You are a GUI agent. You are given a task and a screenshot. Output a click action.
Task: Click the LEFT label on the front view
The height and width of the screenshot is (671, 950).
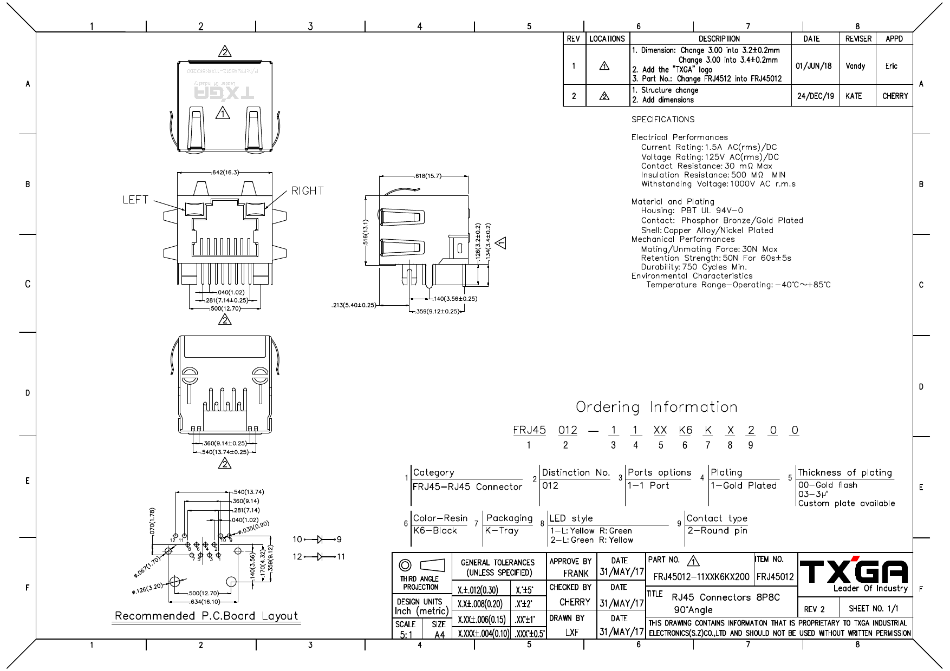point(135,200)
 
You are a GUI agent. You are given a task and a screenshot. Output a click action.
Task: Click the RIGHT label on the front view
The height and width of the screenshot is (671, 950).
point(307,191)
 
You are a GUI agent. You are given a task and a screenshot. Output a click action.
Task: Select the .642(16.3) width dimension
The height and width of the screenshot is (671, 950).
point(225,173)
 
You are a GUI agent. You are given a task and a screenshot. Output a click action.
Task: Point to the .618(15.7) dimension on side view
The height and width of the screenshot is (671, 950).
point(427,176)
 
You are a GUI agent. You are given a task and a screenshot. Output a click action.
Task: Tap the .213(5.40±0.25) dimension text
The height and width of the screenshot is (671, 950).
point(354,305)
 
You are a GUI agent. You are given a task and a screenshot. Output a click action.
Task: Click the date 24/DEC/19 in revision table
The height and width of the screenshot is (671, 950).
point(815,96)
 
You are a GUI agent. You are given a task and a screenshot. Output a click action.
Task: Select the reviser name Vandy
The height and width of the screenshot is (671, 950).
point(855,66)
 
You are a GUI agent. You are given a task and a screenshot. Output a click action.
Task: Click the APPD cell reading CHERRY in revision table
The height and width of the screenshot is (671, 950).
point(895,96)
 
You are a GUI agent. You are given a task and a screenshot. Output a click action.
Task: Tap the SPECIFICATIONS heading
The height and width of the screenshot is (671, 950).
point(662,120)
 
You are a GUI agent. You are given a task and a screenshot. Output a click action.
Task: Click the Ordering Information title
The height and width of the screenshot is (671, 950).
point(656,407)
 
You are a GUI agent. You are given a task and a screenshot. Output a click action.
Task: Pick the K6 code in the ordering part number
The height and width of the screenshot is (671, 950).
point(685,430)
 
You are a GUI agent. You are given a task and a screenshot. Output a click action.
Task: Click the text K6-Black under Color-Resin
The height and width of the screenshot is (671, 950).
point(435,531)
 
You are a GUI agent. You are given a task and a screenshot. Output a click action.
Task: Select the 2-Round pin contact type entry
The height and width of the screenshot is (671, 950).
point(717,531)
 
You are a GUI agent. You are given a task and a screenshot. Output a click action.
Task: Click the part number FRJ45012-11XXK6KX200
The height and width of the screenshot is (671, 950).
point(701,577)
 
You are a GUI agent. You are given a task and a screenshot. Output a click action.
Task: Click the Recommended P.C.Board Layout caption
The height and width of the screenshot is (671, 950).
point(206,616)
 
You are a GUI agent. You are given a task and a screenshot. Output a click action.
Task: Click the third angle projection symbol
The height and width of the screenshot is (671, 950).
point(421,565)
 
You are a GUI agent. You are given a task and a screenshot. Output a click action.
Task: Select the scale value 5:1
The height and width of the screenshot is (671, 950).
point(406,635)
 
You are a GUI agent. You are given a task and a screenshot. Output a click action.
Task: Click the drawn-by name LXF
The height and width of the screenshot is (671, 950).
point(571,632)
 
